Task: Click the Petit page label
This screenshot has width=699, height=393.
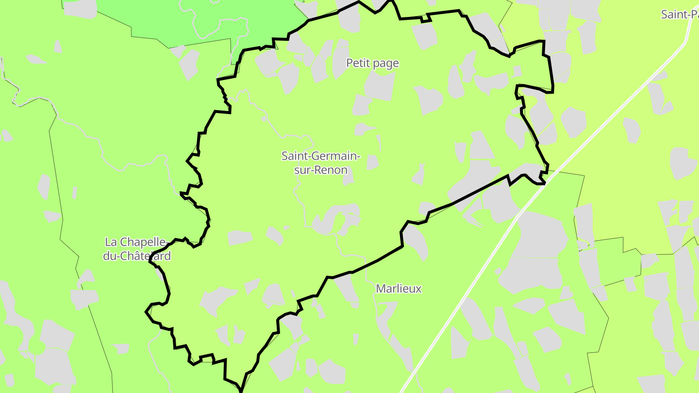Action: pos(372,63)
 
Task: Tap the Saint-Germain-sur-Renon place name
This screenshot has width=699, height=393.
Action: pos(321,163)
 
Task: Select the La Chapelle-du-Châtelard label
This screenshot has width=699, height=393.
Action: pos(137,249)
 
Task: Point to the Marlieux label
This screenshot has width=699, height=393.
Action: pos(399,289)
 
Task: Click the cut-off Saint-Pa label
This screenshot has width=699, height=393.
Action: pos(680,15)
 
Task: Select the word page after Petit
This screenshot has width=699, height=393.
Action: pos(386,64)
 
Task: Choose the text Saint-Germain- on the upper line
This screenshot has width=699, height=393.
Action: pos(321,156)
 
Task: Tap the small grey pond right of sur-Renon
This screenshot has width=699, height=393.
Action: pos(372,163)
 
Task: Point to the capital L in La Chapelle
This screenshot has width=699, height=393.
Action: pos(108,242)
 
